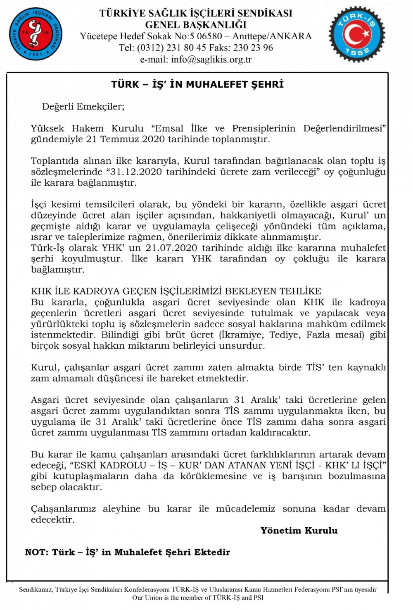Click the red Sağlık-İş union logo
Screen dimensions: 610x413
tap(36, 33)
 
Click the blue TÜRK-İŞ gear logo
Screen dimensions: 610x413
tap(357, 34)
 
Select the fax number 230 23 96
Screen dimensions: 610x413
tap(253, 48)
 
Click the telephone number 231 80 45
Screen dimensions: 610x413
tap(186, 48)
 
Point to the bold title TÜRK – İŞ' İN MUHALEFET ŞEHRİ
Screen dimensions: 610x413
tap(197, 85)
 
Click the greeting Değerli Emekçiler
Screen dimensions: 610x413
tap(83, 107)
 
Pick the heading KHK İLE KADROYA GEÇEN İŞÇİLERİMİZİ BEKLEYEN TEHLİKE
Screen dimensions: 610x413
tap(176, 291)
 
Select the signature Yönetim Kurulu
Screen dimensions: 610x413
tap(299, 531)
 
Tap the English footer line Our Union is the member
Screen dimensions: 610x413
tap(197, 598)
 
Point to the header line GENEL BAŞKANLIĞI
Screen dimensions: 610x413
tap(196, 25)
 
